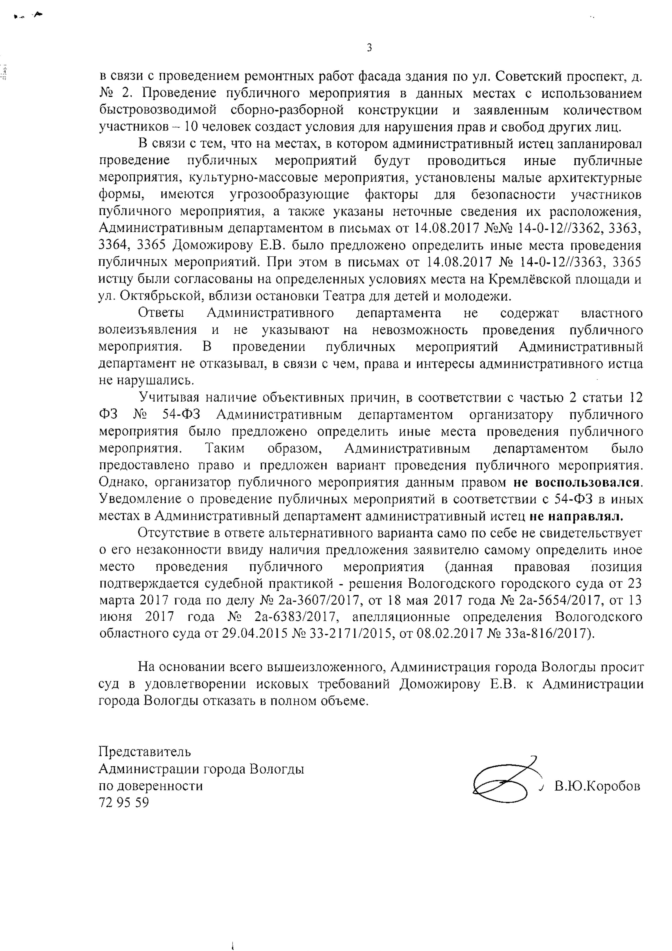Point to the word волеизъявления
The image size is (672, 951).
coord(147,330)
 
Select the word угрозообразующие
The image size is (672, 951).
coord(289,195)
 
